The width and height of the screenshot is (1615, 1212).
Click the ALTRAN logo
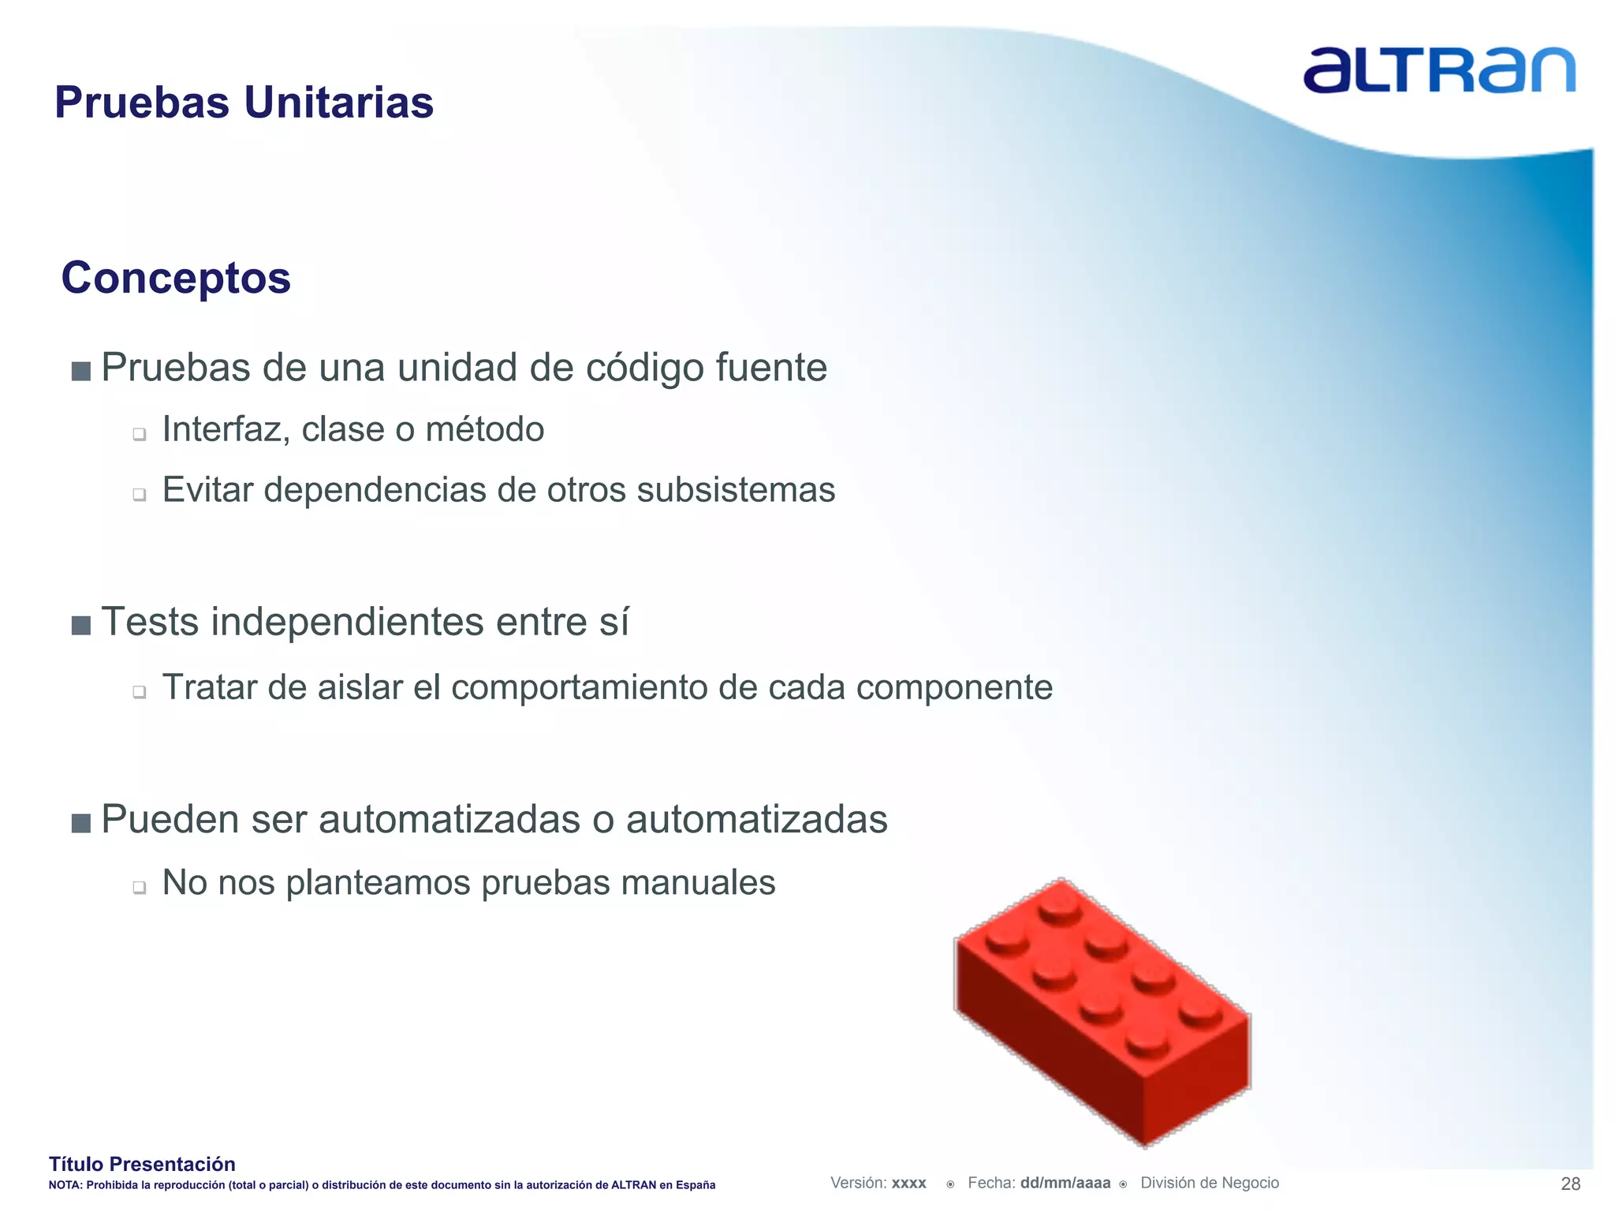tap(1438, 70)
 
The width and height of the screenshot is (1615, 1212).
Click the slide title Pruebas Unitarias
tap(244, 103)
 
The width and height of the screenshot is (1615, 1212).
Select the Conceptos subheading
tap(176, 278)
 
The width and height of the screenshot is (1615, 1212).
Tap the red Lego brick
tap(1102, 1011)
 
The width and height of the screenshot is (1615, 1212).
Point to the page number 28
tap(1570, 1184)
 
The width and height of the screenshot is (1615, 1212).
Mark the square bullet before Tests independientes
tap(80, 626)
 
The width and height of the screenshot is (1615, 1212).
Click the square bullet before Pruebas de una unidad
tap(80, 371)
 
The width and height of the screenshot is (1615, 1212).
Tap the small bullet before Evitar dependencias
tap(140, 495)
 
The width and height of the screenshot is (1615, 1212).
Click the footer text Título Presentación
tap(142, 1164)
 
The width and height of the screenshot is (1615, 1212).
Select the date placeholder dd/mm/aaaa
tap(1065, 1183)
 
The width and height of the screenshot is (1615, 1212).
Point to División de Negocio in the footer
tap(1209, 1183)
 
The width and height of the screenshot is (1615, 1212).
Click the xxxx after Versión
tap(908, 1184)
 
